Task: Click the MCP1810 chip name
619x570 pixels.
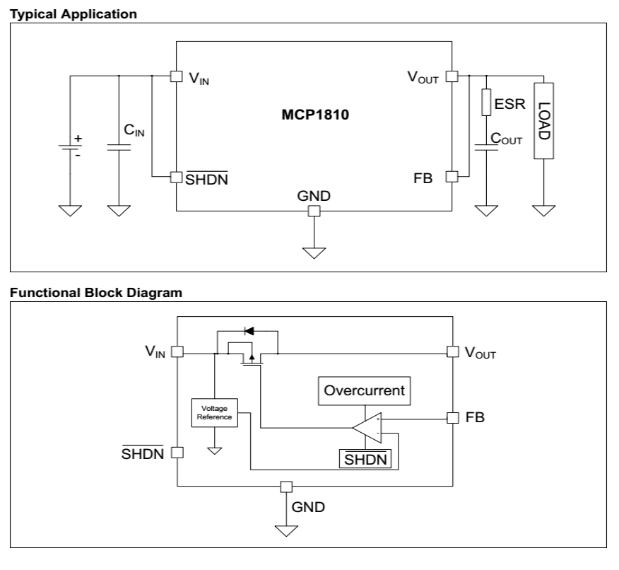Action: pos(315,115)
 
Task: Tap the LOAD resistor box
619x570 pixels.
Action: pos(543,121)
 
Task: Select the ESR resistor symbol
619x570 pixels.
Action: pos(486,103)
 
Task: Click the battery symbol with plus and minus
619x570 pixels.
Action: pos(70,147)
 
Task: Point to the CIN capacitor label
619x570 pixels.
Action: pos(134,130)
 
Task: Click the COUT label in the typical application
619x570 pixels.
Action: pos(506,139)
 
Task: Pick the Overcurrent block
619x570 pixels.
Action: pos(365,390)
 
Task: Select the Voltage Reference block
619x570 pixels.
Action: pos(214,413)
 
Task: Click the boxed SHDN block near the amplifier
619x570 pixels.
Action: pos(365,459)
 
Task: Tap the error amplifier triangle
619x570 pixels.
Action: pos(367,428)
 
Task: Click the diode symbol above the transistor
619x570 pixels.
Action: pos(249,331)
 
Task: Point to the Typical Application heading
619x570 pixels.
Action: pos(73,14)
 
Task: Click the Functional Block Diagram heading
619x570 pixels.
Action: pos(96,293)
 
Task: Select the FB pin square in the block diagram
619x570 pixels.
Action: pos(453,418)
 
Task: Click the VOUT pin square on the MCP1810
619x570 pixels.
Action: pos(452,76)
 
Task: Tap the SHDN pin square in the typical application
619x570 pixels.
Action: pos(177,177)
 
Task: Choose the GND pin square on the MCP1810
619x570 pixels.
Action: pos(314,211)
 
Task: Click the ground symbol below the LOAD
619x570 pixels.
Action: pos(543,210)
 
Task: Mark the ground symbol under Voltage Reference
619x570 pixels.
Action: pos(214,450)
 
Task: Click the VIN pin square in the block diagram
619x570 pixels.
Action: pos(177,351)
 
